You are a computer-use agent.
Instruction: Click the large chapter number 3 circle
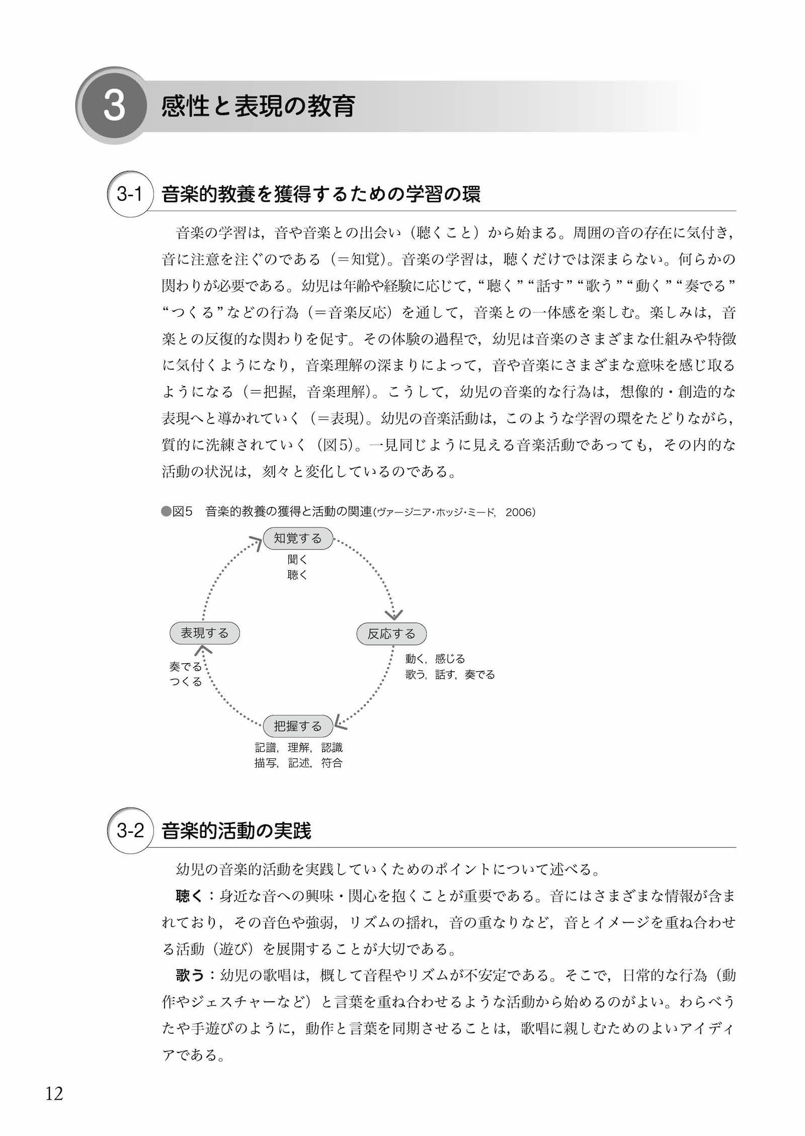[114, 106]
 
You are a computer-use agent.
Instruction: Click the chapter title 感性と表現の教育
[258, 107]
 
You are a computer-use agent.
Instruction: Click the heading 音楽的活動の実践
[236, 830]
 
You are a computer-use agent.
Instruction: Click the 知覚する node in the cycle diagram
[298, 539]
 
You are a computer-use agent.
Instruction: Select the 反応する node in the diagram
[391, 634]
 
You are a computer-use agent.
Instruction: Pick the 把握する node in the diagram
[298, 726]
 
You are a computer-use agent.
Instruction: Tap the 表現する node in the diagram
[204, 633]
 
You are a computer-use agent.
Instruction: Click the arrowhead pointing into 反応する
[394, 615]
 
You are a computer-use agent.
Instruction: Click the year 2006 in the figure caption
[520, 512]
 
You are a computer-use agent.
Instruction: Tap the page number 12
[54, 1093]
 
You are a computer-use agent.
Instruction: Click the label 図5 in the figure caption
[182, 512]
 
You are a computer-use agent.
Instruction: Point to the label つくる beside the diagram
[186, 681]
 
